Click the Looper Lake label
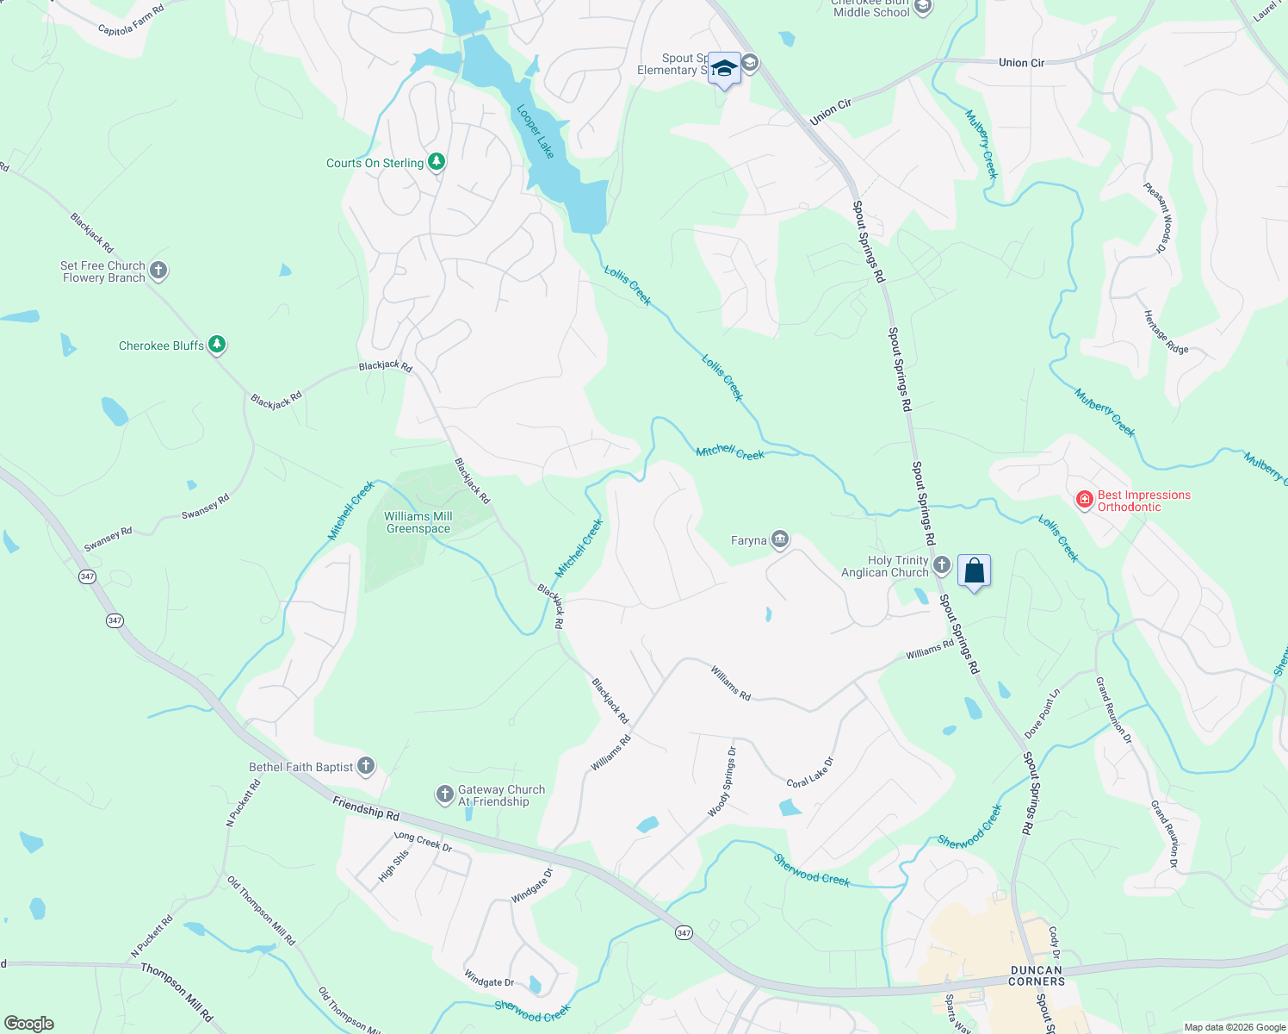(535, 131)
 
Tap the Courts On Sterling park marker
(437, 162)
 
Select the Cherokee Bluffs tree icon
(218, 345)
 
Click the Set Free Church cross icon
(158, 271)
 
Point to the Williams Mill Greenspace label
(418, 522)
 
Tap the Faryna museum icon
(780, 540)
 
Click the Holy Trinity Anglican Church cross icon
(942, 565)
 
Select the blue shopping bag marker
(974, 571)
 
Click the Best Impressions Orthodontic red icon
(1085, 499)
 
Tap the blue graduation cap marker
(724, 68)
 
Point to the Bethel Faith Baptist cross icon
(366, 765)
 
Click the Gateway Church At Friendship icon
(444, 794)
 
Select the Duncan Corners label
(1037, 975)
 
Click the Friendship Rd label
(366, 809)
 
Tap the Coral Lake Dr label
(810, 772)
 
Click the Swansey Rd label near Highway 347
(108, 539)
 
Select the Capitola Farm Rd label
(131, 20)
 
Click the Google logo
(28, 1024)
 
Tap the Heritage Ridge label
(1166, 332)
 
